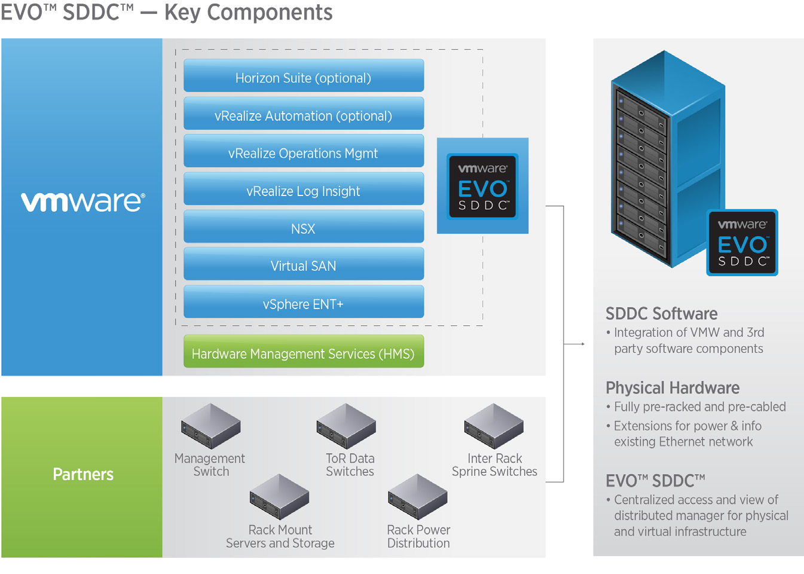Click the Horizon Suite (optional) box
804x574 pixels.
coord(304,75)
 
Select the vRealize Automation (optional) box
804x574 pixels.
coord(304,113)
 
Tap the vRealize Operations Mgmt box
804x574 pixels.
coord(304,151)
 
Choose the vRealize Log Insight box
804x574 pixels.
coord(304,188)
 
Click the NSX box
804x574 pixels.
coord(304,226)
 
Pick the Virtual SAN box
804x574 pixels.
coord(304,264)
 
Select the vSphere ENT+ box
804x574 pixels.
coord(304,301)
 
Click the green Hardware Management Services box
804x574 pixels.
coord(304,351)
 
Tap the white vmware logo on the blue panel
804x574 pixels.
coord(83,201)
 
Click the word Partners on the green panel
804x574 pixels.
coord(83,474)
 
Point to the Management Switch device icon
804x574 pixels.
coord(210,426)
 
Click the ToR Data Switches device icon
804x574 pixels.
coord(346,426)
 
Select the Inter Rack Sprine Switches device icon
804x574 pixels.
coord(494,426)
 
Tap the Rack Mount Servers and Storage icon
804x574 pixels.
coord(279,497)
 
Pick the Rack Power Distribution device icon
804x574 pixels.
coord(417,497)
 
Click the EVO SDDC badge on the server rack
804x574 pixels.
coord(742,243)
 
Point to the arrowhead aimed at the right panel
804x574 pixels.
coord(583,344)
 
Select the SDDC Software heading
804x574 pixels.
coord(662,314)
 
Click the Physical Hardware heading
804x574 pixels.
coord(672,388)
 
